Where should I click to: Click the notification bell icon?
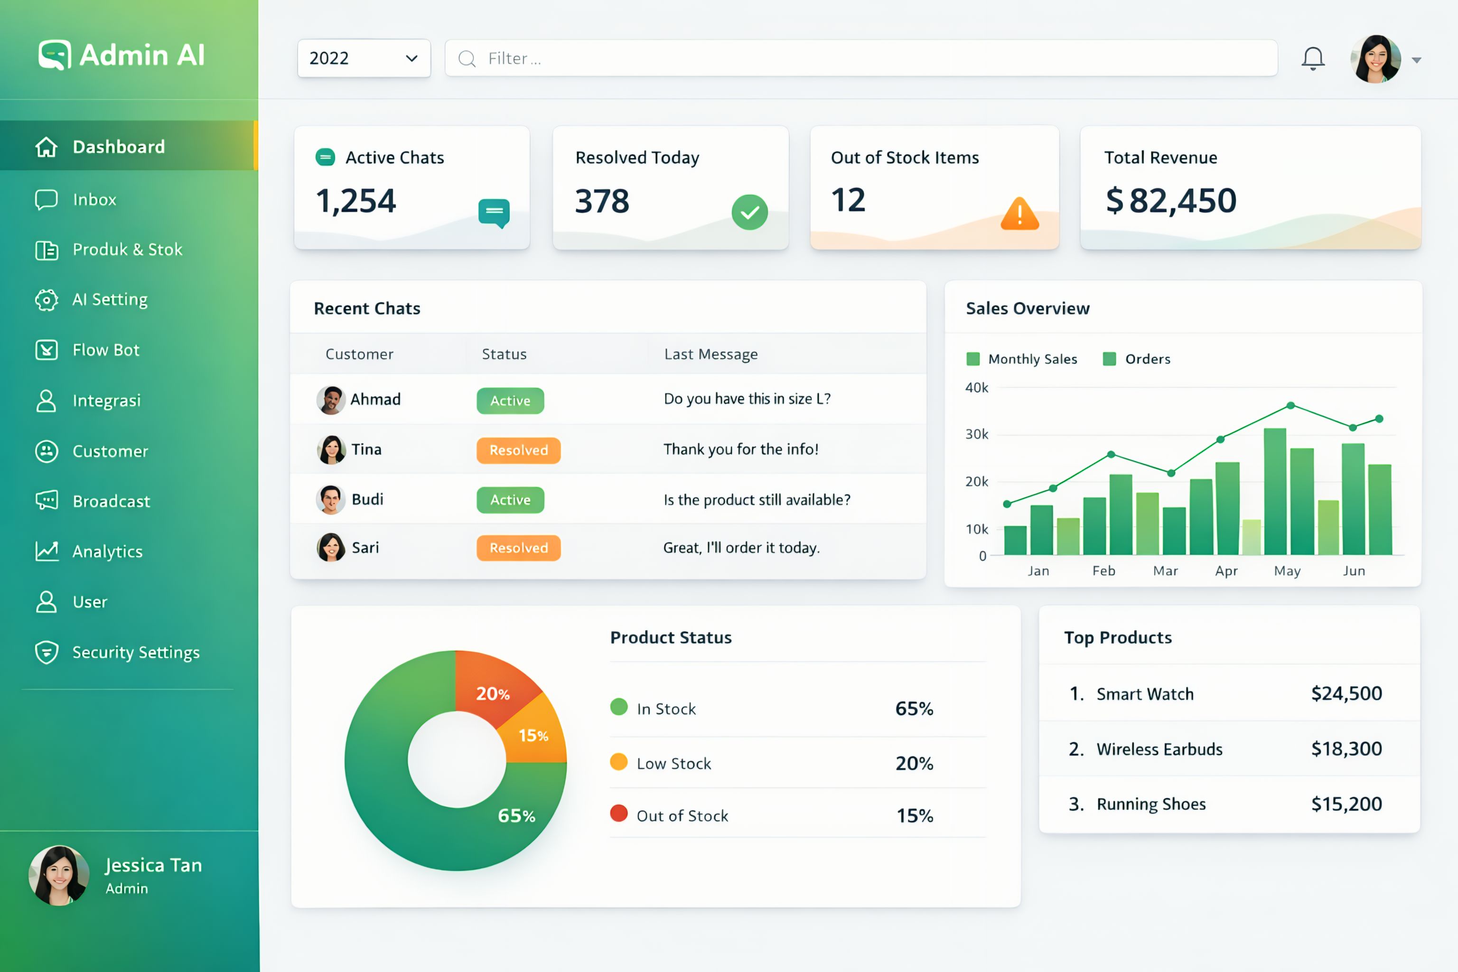[1312, 59]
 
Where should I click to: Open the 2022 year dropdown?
[364, 58]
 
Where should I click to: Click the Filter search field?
[861, 58]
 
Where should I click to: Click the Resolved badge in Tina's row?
[518, 450]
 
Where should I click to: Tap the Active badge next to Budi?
[510, 500]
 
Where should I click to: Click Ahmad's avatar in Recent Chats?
[331, 400]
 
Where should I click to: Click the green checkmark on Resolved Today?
[749, 213]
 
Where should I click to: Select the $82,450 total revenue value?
[1171, 200]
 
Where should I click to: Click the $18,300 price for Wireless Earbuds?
[1346, 749]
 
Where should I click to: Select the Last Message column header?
[711, 354]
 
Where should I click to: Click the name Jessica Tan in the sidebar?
[154, 865]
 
